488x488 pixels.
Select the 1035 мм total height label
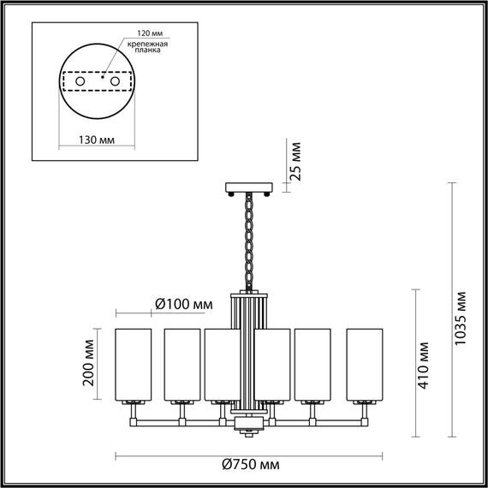pos(461,318)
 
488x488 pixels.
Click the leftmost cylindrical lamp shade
pos(134,363)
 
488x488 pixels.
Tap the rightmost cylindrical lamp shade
pos(364,363)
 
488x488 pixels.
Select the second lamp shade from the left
pos(182,363)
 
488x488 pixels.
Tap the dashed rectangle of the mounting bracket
pos(97,81)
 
